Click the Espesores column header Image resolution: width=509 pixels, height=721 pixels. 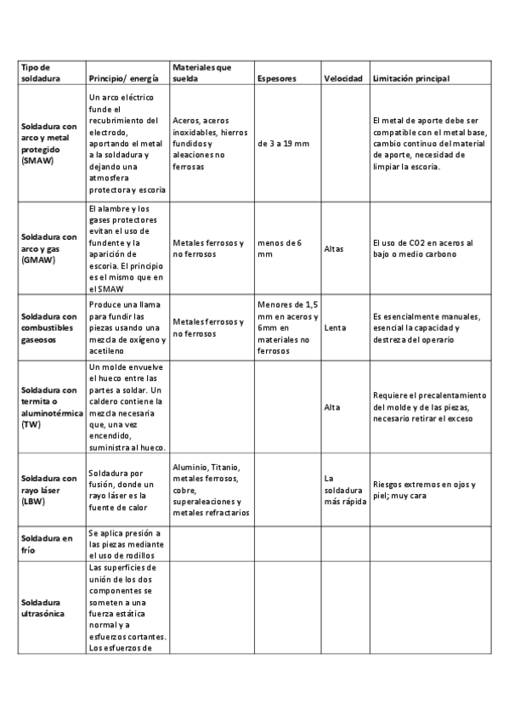click(x=276, y=78)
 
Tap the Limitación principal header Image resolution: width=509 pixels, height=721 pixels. click(x=410, y=78)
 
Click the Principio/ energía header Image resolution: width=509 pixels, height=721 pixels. click(x=120, y=78)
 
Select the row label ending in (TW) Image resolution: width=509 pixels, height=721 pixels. click(x=49, y=406)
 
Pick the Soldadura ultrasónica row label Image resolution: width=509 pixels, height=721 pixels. click(x=43, y=608)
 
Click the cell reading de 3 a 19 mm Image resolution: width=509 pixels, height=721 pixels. click(x=283, y=143)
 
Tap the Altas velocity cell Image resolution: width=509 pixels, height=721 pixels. click(x=334, y=248)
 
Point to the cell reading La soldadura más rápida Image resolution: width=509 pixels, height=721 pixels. click(x=344, y=490)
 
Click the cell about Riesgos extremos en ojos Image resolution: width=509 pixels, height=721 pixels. click(x=424, y=490)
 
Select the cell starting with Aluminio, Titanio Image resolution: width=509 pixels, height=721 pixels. click(x=211, y=490)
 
